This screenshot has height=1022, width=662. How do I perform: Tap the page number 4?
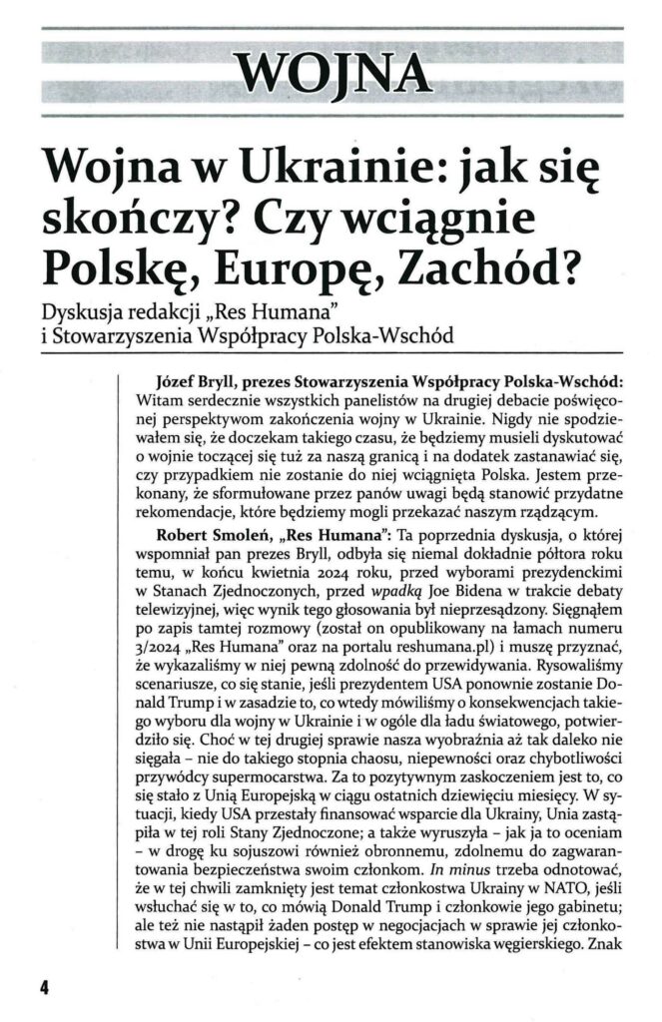[x=44, y=986]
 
